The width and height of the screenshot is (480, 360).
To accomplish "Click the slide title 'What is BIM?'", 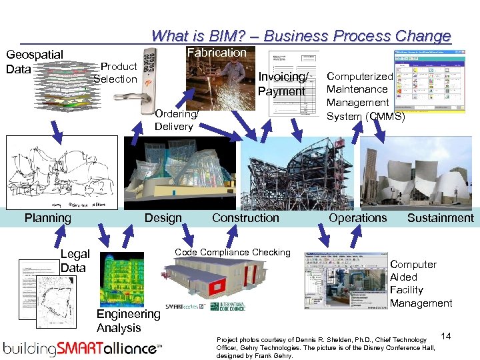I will (x=301, y=36).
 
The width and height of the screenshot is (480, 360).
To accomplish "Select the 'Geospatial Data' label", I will (x=34, y=61).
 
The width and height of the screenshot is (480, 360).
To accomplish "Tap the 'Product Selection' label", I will (x=116, y=73).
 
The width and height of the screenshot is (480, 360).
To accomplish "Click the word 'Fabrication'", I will (x=217, y=53).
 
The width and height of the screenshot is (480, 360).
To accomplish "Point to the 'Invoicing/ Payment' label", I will (x=281, y=84).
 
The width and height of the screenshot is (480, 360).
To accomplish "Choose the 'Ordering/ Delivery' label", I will (x=174, y=120).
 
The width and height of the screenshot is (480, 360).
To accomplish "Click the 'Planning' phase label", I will (x=47, y=218).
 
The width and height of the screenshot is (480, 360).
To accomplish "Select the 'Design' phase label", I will (x=163, y=218).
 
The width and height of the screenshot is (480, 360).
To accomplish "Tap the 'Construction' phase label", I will (x=245, y=218).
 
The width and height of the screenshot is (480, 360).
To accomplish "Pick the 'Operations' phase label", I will (x=357, y=218).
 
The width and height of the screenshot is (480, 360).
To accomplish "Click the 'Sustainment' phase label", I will (x=440, y=218).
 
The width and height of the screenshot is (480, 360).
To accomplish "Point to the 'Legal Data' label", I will (x=75, y=261).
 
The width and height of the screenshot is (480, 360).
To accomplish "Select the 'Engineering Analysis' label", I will (x=128, y=321).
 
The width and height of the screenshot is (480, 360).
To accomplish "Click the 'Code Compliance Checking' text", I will (x=233, y=252).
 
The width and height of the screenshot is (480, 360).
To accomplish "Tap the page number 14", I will (x=446, y=337).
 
